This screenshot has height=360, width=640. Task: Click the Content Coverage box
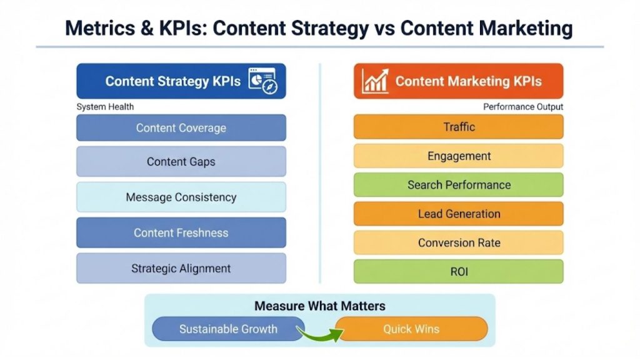pos(181,128)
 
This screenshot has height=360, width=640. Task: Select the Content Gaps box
pos(181,162)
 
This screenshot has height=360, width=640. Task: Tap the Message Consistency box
pos(181,197)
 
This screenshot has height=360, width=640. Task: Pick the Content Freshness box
pos(181,233)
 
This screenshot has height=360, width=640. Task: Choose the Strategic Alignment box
pos(181,269)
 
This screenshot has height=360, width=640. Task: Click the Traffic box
pos(459,127)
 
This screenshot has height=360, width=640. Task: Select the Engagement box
pos(459,156)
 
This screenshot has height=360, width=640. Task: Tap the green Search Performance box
pos(459,185)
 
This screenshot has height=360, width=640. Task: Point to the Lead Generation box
pos(459,214)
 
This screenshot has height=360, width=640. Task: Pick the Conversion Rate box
pos(459,242)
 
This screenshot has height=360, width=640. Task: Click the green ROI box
pos(459,272)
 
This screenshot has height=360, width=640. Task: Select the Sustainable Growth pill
pos(228,329)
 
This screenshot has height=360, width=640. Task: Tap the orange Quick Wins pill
pos(411,329)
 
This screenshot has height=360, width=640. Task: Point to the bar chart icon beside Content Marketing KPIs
pos(375,81)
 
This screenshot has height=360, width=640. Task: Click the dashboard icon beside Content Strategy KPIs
pos(263,81)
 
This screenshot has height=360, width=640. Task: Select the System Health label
pos(105,107)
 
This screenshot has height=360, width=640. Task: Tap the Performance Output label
pos(523,107)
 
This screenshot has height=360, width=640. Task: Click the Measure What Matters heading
pos(320,306)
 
